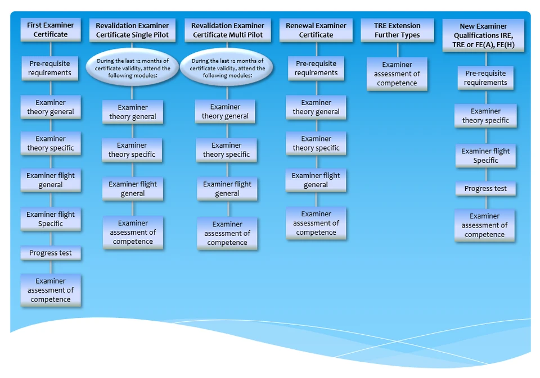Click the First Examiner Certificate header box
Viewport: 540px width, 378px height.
pos(51,30)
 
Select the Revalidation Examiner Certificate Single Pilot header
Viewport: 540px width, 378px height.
pos(132,30)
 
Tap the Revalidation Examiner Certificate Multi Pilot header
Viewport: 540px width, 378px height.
pos(227,30)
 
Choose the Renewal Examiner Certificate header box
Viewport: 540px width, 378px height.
pos(316,30)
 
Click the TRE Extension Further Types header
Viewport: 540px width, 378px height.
pos(397,30)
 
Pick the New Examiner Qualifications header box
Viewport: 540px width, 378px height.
pos(483,35)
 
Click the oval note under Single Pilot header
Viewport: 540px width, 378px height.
pos(132,68)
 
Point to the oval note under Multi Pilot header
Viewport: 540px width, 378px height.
pos(227,68)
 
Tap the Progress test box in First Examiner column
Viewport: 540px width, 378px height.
pos(51,253)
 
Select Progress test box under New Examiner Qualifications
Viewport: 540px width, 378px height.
pos(485,189)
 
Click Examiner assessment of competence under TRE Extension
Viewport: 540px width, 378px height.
pos(397,74)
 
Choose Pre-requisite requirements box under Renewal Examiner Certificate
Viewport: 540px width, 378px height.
pos(316,68)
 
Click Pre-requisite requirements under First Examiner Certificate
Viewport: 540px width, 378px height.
pos(51,68)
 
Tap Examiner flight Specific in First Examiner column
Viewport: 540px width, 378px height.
pos(51,219)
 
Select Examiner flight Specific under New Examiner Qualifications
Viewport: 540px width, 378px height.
pos(485,156)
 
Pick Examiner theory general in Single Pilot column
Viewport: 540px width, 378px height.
pos(133,112)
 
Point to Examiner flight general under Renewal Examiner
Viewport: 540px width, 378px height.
pos(316,180)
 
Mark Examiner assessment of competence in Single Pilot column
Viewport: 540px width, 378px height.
pos(133,232)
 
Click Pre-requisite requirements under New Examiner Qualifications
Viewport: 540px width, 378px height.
pos(485,78)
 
